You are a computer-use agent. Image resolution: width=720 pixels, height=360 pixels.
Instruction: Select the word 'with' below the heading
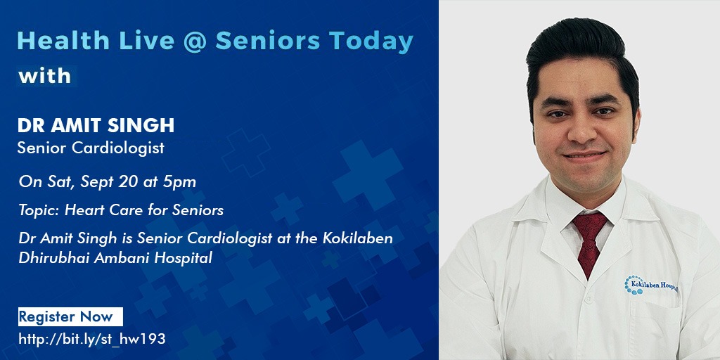tap(44, 76)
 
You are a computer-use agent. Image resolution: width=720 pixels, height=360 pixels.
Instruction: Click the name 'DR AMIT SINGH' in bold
tap(96, 125)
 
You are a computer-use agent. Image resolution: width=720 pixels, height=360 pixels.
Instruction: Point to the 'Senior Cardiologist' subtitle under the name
tap(91, 148)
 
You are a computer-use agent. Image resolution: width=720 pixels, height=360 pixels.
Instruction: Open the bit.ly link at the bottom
tap(92, 340)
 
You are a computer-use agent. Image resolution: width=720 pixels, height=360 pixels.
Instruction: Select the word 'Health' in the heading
tap(63, 41)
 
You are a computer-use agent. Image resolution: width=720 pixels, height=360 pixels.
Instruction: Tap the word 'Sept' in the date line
tap(97, 183)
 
